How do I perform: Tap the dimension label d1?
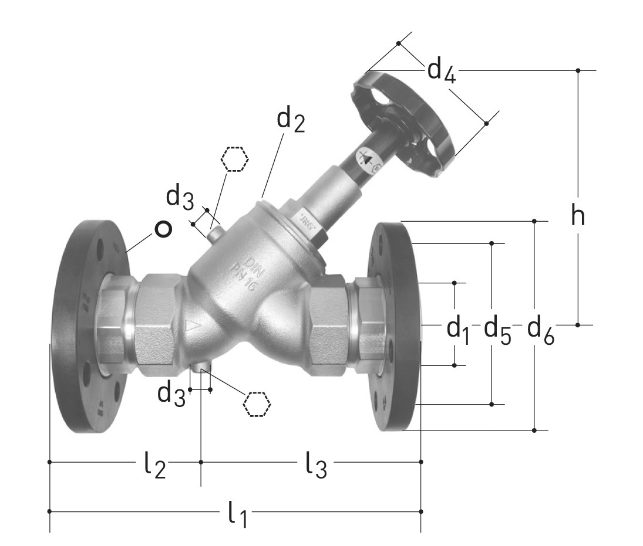pos(459,330)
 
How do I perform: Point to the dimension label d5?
pos(497,330)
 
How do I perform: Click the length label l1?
pos(237,515)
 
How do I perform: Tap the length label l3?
pos(315,466)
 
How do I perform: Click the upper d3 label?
pos(179,198)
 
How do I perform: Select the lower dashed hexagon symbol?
pos(257,403)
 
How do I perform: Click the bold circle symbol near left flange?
pos(163,229)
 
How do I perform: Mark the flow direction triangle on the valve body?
pos(193,327)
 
